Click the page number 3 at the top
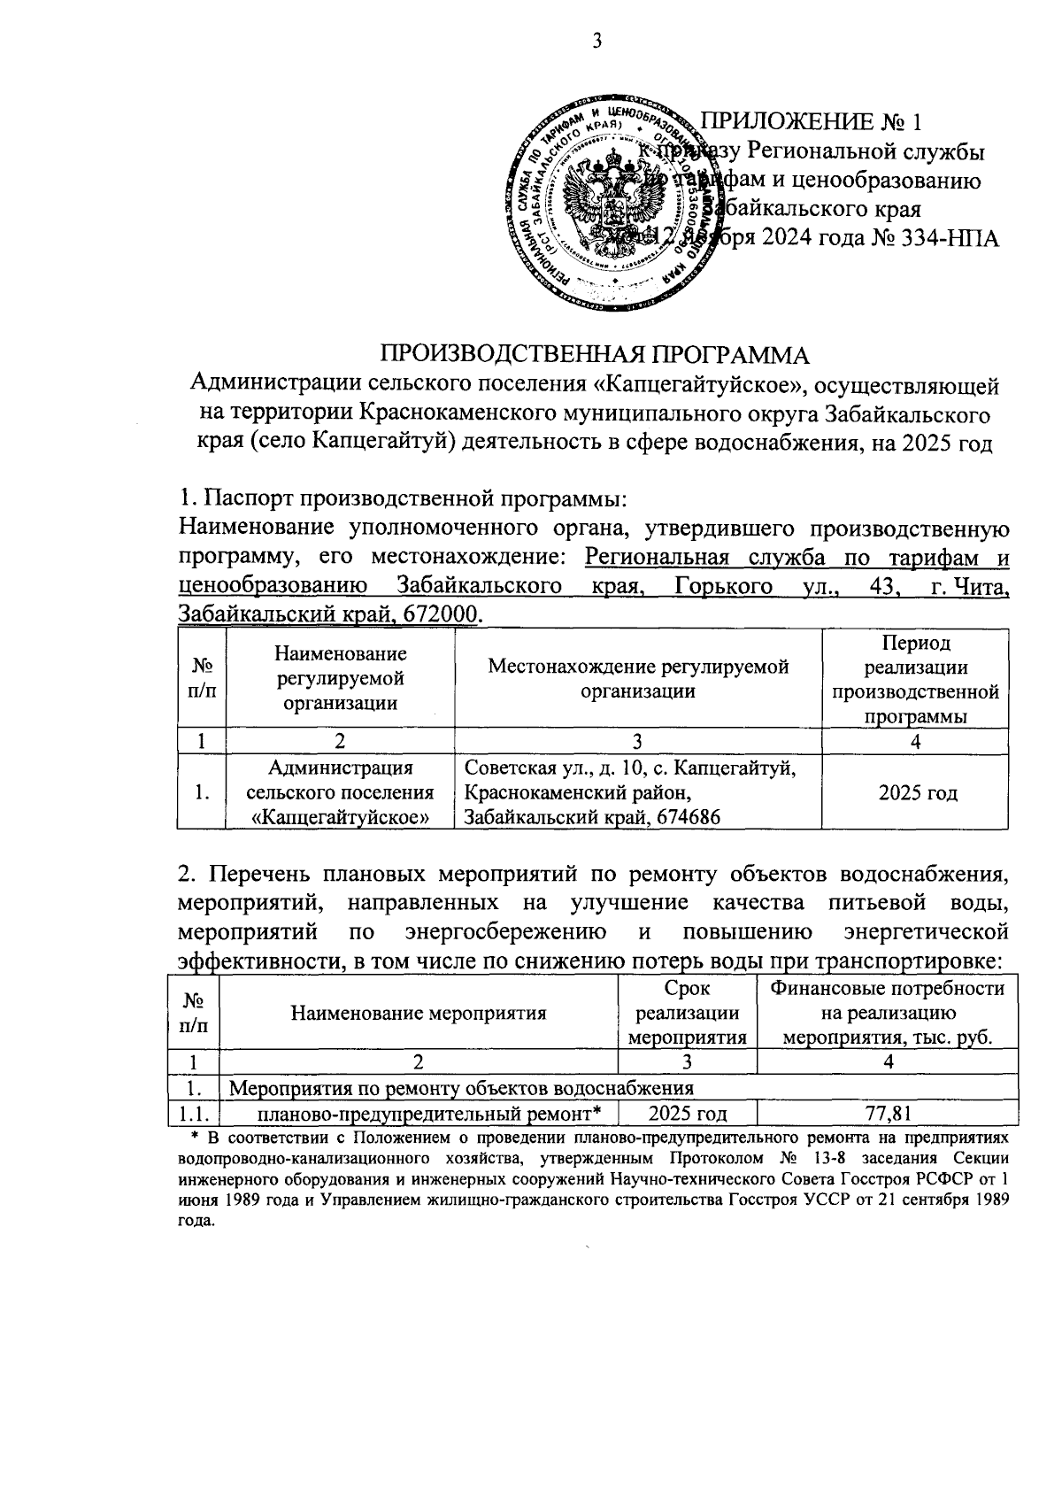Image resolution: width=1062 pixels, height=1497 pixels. point(596,40)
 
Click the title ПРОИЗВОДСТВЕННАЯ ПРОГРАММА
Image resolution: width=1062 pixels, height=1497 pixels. point(596,354)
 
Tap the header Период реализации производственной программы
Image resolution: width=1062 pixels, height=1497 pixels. point(916,679)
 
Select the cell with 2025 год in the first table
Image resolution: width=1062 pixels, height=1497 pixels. point(917,793)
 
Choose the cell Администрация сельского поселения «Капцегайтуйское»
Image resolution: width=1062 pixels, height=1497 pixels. point(341,793)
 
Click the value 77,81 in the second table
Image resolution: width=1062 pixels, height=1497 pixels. point(888,1113)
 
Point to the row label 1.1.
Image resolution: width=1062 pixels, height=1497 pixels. point(192,1114)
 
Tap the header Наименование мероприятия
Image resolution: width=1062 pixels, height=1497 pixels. point(419,1014)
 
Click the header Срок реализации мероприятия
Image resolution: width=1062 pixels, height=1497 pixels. point(688,1014)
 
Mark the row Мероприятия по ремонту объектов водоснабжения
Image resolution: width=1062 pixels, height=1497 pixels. point(461,1087)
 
